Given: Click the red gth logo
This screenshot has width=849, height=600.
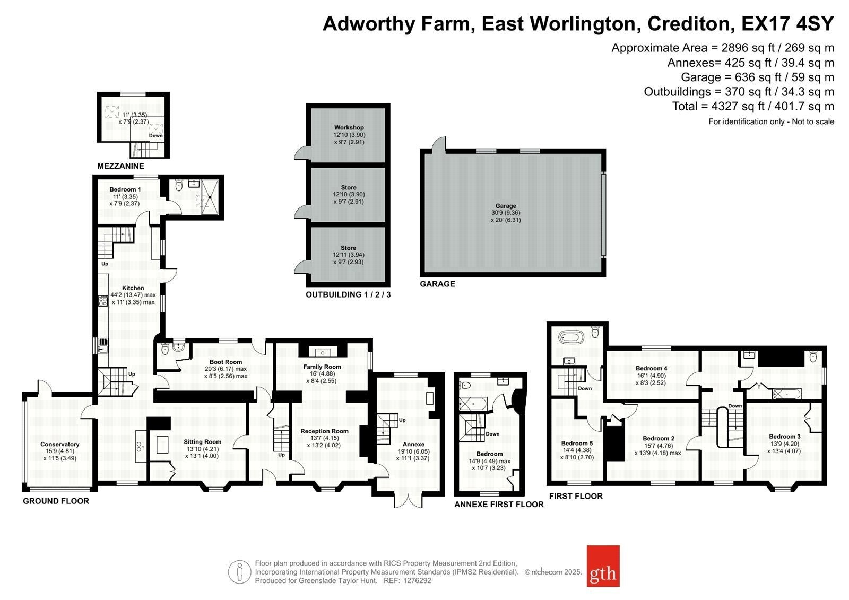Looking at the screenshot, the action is click(x=603, y=566).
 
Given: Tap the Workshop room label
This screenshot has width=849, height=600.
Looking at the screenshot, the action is click(x=349, y=128).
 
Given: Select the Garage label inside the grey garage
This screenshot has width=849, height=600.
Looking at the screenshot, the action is click(x=506, y=206).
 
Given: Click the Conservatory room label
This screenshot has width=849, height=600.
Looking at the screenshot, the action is click(x=60, y=444).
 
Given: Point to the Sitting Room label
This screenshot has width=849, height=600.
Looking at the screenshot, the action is click(x=202, y=441).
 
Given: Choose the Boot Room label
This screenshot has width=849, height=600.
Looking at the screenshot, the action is click(x=226, y=362).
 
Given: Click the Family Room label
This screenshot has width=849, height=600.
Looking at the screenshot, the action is click(x=322, y=367).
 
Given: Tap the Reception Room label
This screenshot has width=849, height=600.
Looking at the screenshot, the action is click(x=324, y=431).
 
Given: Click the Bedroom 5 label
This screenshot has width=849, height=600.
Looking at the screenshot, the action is click(x=577, y=443).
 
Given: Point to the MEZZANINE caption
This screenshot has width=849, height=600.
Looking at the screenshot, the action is click(x=120, y=166).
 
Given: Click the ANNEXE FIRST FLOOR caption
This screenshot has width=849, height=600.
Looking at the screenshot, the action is click(x=499, y=505).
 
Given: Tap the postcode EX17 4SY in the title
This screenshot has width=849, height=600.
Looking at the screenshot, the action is click(x=787, y=23).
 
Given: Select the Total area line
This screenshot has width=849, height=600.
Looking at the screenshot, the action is click(x=753, y=106).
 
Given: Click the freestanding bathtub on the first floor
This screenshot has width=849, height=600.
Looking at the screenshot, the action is click(x=573, y=337).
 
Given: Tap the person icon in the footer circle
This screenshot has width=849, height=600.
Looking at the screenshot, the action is click(x=239, y=572).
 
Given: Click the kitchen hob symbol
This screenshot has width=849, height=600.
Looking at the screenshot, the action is click(x=103, y=301).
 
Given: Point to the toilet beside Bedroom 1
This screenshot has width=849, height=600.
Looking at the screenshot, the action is click(x=179, y=185).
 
